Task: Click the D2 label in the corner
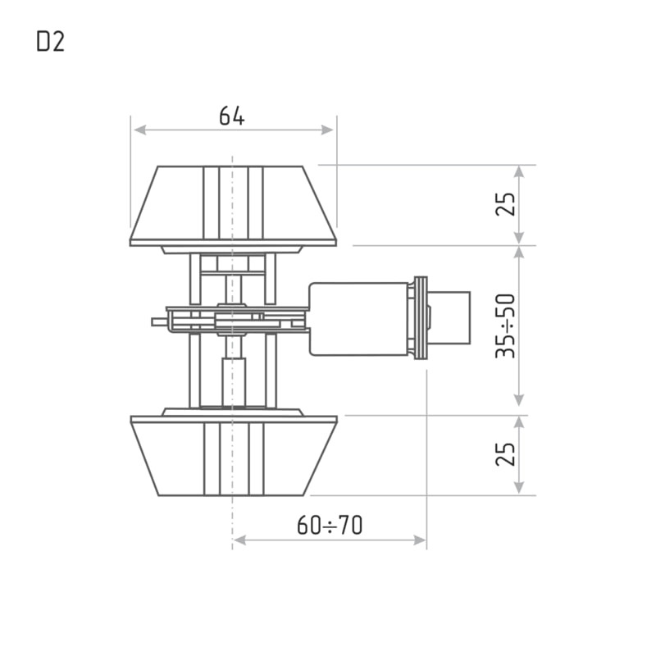click(51, 43)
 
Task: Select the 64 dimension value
click(232, 116)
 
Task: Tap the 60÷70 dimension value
click(330, 525)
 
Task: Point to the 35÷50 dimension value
click(505, 326)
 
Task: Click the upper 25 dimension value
click(505, 203)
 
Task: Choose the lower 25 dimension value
click(505, 453)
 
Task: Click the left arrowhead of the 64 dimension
click(139, 130)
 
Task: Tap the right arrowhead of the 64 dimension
click(327, 130)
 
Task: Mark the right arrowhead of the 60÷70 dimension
click(420, 540)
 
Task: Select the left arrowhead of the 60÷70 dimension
click(239, 540)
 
